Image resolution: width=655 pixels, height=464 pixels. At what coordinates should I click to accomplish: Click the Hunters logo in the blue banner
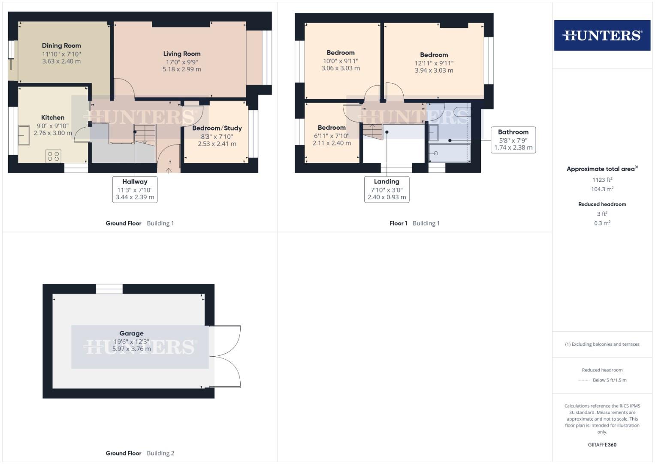[602, 35]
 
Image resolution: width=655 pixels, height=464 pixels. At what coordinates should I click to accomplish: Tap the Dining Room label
[61, 46]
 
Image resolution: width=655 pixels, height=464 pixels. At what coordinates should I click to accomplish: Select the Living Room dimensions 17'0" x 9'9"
[182, 62]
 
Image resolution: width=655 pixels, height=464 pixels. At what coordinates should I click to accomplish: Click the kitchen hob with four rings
[54, 156]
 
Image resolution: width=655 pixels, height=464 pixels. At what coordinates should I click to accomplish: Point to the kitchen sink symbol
[24, 135]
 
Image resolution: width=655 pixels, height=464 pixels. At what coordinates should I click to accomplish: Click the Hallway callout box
[135, 189]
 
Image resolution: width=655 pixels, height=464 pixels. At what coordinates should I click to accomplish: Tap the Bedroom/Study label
[217, 128]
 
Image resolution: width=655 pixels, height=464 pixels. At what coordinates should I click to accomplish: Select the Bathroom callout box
[513, 140]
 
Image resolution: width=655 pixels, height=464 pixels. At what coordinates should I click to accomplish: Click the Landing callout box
[386, 189]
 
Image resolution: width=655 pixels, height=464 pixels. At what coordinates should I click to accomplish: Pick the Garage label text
[132, 333]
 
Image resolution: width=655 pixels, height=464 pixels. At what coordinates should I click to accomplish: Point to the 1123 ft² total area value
[602, 180]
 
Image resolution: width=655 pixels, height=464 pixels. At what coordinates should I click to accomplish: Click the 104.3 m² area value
[602, 189]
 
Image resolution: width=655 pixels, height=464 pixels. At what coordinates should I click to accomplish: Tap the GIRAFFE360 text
[602, 445]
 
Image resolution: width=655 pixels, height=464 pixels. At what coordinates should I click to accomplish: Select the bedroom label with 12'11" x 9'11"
[434, 55]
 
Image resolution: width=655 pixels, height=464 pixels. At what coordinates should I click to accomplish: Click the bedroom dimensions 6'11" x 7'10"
[332, 136]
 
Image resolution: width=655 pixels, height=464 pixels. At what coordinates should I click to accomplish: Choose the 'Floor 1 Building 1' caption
[414, 223]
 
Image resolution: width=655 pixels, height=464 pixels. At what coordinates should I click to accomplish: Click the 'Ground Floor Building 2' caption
[140, 453]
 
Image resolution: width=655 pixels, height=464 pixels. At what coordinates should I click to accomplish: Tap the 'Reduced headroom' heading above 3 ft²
[602, 204]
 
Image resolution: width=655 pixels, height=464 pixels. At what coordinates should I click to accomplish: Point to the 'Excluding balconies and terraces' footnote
[602, 344]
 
